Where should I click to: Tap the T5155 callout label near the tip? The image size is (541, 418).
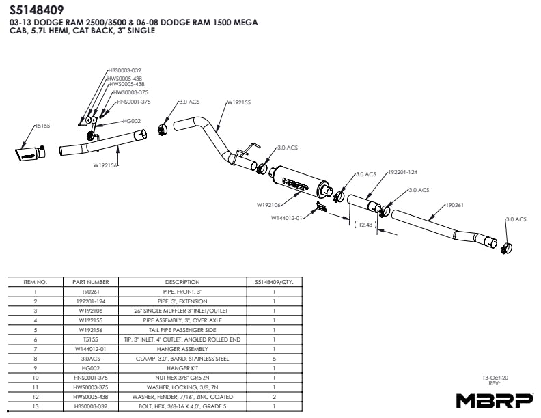point(42,126)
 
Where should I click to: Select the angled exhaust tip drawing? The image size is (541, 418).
point(29,152)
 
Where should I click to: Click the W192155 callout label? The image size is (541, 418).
point(238,102)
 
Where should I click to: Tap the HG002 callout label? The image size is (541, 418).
point(132,121)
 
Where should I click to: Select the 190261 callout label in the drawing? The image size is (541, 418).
point(454,204)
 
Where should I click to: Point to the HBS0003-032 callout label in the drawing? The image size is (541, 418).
point(124,70)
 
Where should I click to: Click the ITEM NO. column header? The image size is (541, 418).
point(34,281)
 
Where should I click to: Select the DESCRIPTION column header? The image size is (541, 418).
point(182,281)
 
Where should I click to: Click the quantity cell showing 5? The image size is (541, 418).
point(273,357)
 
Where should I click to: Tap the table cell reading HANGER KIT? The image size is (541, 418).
point(182,367)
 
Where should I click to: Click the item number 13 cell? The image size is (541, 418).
point(34,406)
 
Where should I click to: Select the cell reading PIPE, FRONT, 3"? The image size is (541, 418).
point(182,290)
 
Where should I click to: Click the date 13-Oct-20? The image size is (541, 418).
point(495,376)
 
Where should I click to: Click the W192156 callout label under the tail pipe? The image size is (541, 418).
point(106,165)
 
